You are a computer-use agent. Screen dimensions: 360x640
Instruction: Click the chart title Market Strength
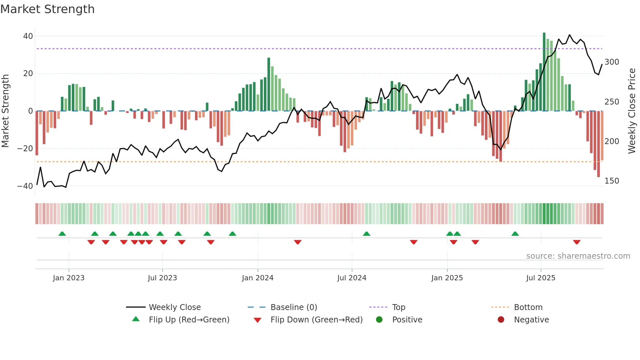[x=47, y=9]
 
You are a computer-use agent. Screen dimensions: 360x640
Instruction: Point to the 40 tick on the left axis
[x=28, y=36]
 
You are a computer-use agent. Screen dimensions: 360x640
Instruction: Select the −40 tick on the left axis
[x=25, y=186]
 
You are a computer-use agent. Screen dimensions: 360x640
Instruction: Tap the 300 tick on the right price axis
[x=612, y=62]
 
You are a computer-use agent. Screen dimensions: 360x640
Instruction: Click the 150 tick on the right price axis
[x=612, y=181]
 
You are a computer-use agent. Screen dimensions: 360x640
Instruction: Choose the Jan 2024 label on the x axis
[x=257, y=278]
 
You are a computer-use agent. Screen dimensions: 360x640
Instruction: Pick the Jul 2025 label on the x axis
[x=540, y=278]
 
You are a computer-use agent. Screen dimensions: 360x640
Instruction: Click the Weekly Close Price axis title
[x=632, y=111]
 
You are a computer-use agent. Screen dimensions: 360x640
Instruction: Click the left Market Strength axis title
[x=5, y=111]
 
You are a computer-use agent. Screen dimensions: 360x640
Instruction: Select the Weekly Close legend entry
[x=174, y=307]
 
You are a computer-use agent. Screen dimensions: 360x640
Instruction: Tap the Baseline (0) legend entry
[x=294, y=307]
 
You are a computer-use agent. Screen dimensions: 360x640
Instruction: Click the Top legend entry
[x=398, y=307]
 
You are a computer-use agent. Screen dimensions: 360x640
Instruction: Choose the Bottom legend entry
[x=528, y=307]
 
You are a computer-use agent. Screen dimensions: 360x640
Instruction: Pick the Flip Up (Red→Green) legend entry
[x=189, y=320]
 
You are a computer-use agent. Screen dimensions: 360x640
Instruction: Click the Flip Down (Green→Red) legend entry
[x=316, y=320]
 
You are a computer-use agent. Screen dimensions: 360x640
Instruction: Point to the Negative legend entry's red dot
[x=501, y=320]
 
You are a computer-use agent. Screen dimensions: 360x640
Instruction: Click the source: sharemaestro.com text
[x=578, y=256]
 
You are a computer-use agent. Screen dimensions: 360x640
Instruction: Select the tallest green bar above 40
[x=544, y=72]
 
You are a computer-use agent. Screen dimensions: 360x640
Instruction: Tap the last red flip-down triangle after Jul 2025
[x=577, y=242]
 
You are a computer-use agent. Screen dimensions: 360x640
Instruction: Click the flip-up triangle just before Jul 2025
[x=515, y=234]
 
